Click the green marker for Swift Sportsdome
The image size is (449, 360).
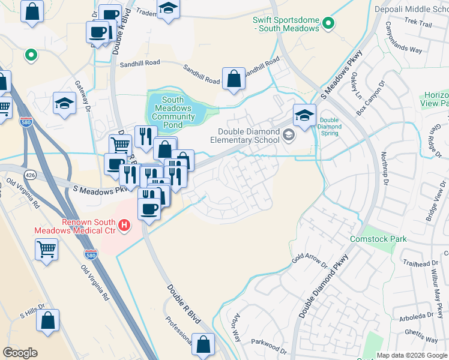328,23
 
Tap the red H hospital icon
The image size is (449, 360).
124,226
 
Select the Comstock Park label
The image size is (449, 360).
378,239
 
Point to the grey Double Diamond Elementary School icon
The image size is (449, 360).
289,136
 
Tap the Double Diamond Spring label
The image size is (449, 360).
330,127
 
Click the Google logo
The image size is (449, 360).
20,353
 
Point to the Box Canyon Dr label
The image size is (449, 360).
369,98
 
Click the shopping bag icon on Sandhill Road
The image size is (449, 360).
233,78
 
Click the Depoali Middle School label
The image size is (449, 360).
411,10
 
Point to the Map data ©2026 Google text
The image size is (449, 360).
411,355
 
